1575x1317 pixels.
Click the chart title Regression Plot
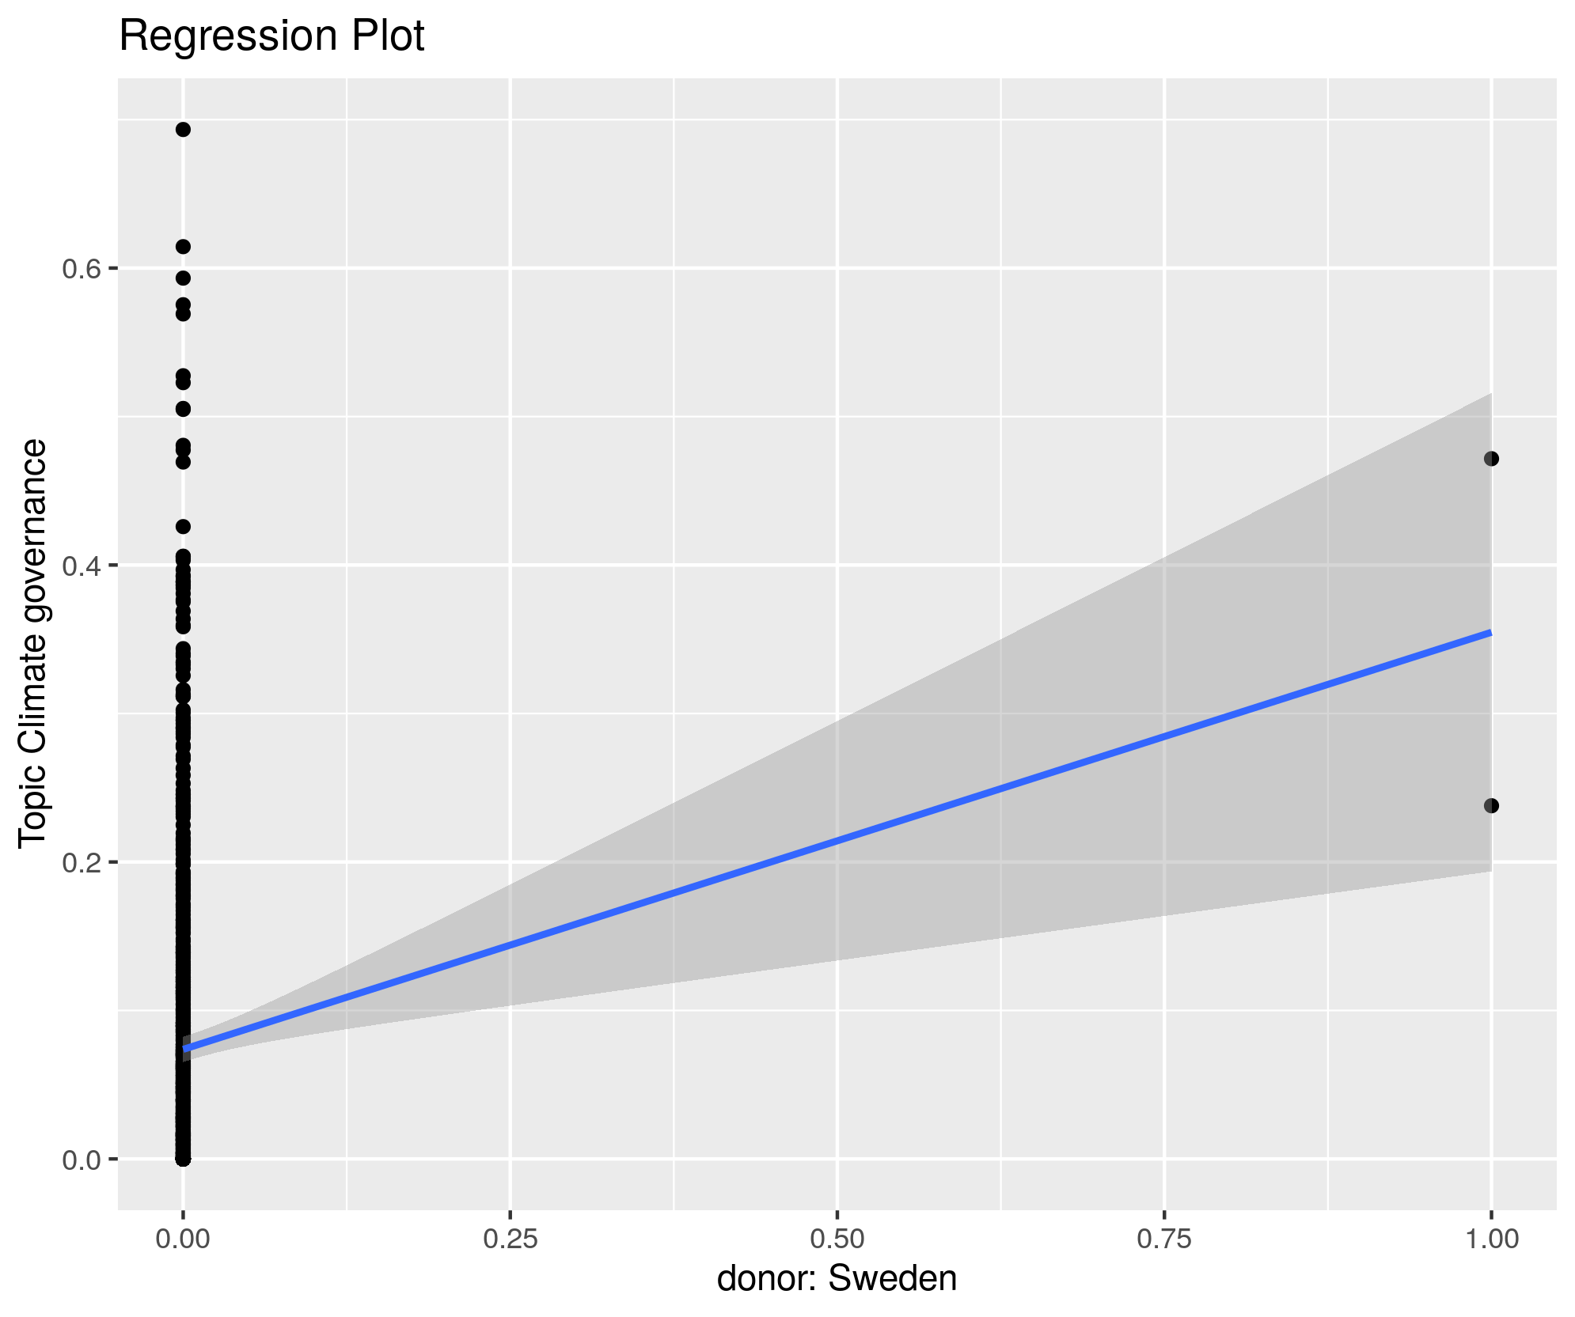[x=271, y=36]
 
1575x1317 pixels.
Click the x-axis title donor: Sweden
[x=837, y=1278]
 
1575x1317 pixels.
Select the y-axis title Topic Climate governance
[x=33, y=645]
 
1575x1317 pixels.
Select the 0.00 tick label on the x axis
[x=183, y=1239]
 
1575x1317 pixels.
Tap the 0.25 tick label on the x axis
[x=510, y=1239]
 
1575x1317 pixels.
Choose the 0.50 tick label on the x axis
[x=837, y=1239]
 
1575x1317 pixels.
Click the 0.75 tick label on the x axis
[x=1164, y=1239]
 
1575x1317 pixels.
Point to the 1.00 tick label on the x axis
[x=1491, y=1239]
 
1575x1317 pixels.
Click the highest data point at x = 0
[x=183, y=130]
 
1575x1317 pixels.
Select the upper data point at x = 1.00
[x=1491, y=459]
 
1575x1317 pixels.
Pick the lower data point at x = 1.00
[x=1491, y=805]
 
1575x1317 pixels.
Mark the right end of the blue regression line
[x=1490, y=633]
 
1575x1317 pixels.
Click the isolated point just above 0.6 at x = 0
[x=183, y=247]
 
